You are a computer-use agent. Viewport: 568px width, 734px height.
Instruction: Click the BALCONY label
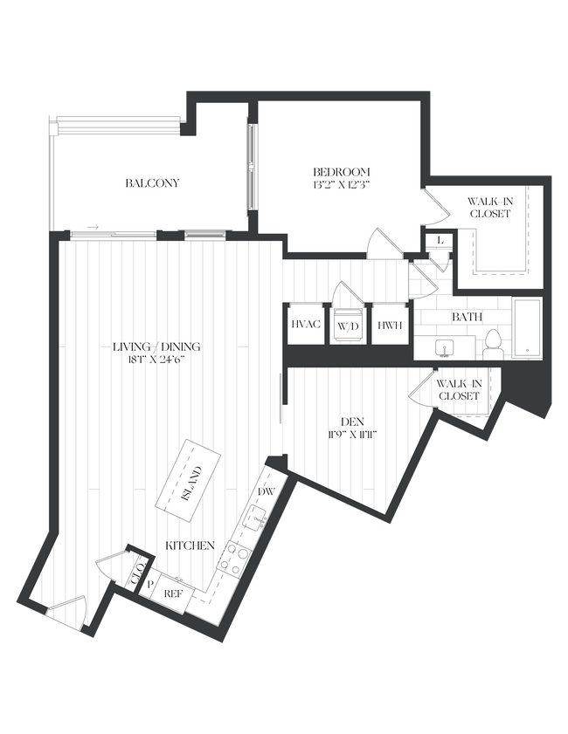coord(152,183)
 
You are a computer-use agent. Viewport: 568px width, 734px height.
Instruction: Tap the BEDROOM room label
coord(342,171)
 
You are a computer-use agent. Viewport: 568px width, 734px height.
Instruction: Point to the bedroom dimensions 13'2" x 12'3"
coord(342,185)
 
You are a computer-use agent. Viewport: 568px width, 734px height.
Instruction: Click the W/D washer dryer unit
coord(348,326)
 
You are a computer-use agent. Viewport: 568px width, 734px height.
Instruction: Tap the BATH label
coord(466,318)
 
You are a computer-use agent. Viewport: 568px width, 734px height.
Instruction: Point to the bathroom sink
coord(446,348)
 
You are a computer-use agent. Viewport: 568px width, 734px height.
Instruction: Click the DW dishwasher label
coord(267,492)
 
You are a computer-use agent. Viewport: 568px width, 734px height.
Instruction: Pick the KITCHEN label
coord(190,545)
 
